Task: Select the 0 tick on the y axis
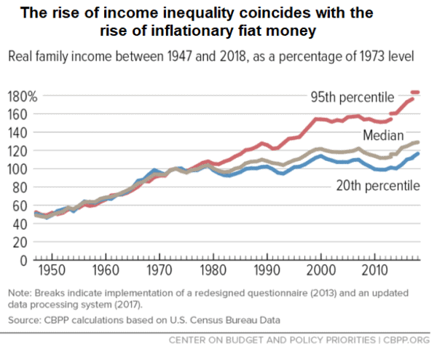tap(23, 260)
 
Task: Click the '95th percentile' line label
tap(353, 97)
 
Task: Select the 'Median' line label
tap(380, 136)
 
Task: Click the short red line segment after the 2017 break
tap(416, 93)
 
